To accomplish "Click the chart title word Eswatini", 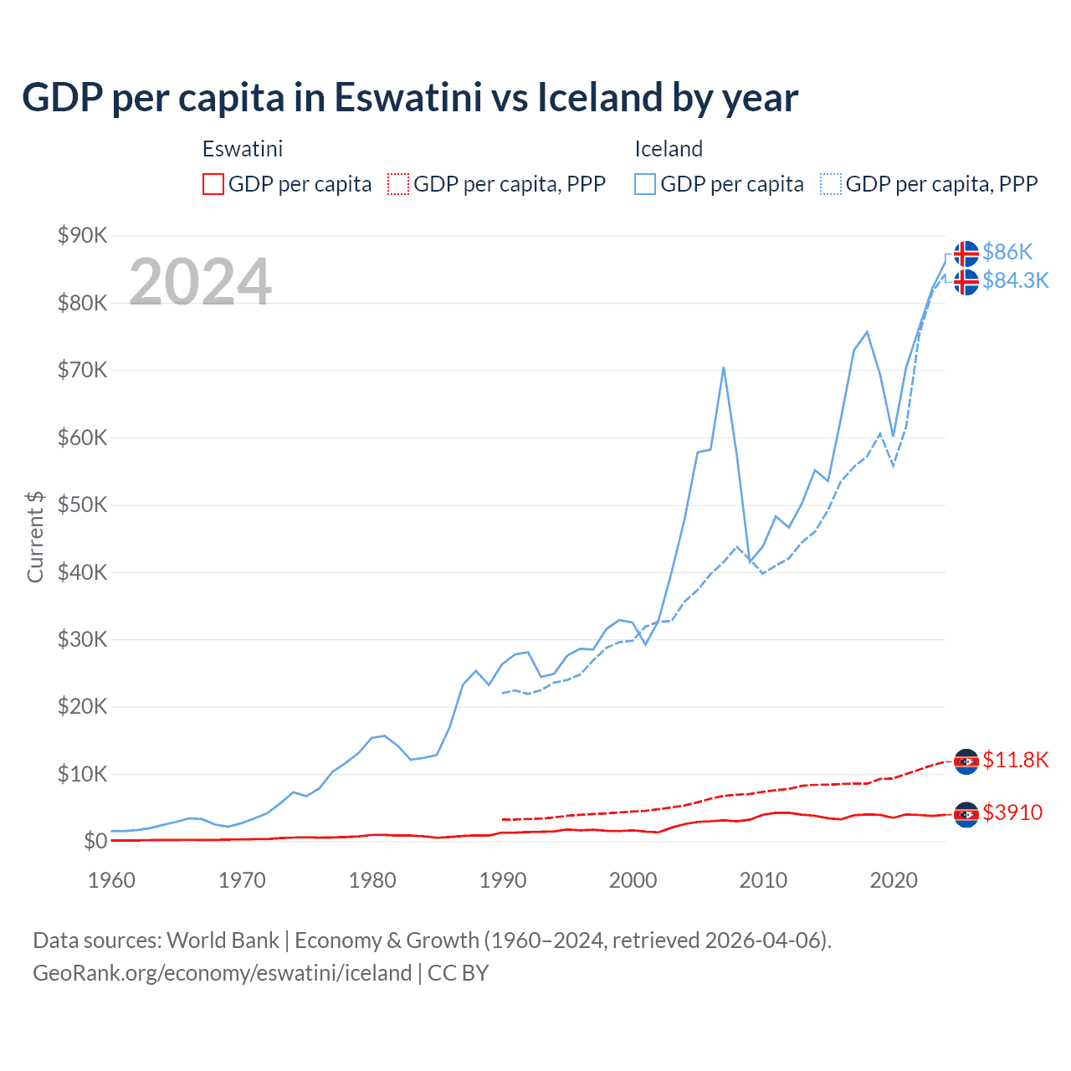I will click(408, 97).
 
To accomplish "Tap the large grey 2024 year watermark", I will click(200, 282).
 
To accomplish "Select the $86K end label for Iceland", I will click(1007, 252).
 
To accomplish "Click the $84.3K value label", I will click(1015, 280).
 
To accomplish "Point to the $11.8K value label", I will click(1015, 760).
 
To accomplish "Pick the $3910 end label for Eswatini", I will click(1012, 812).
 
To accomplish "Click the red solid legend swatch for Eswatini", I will click(213, 184).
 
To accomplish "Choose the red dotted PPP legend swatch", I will click(398, 184).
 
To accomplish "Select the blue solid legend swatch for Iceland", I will click(645, 184).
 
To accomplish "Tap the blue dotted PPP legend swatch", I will click(831, 184).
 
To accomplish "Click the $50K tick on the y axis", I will click(82, 505).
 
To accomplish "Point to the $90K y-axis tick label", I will click(82, 235).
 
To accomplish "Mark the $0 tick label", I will click(95, 841).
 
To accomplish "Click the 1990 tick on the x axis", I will click(503, 880).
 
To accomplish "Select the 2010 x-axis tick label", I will click(763, 880).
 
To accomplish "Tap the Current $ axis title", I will click(35, 537).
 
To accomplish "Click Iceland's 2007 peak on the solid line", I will click(723, 367).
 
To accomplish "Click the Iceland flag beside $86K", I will click(966, 253).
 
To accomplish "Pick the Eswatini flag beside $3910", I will click(966, 814).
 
